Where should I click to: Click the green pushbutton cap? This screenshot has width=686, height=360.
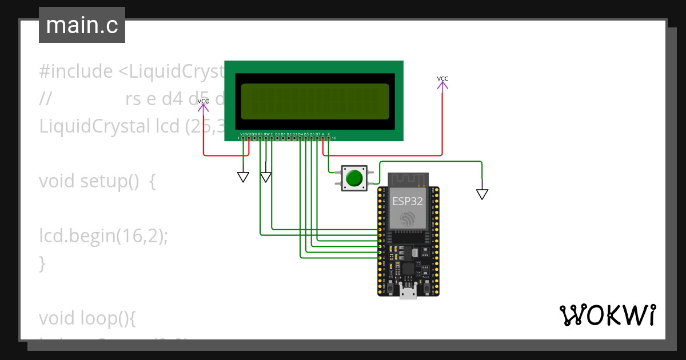pyautogui.click(x=354, y=178)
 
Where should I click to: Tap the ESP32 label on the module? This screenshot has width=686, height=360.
pyautogui.click(x=408, y=201)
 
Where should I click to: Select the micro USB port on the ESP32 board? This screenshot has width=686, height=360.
pyautogui.click(x=408, y=294)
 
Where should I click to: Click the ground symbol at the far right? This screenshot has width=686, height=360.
pyautogui.click(x=482, y=194)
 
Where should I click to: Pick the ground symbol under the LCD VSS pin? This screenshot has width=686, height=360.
pyautogui.click(x=244, y=177)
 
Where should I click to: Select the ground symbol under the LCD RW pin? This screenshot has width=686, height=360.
pyautogui.click(x=266, y=177)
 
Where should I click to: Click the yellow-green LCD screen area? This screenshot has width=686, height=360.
pyautogui.click(x=315, y=101)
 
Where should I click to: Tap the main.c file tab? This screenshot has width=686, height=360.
pyautogui.click(x=82, y=26)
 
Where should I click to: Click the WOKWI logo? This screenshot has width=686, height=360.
pyautogui.click(x=607, y=315)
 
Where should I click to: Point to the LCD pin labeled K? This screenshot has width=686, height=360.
pyautogui.click(x=329, y=138)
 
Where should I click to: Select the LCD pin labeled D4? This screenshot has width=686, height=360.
pyautogui.click(x=300, y=138)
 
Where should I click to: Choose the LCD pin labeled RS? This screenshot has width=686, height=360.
pyautogui.click(x=260, y=138)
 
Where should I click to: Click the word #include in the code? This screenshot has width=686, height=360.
pyautogui.click(x=76, y=71)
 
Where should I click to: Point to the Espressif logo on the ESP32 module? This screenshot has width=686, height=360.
pyautogui.click(x=408, y=219)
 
